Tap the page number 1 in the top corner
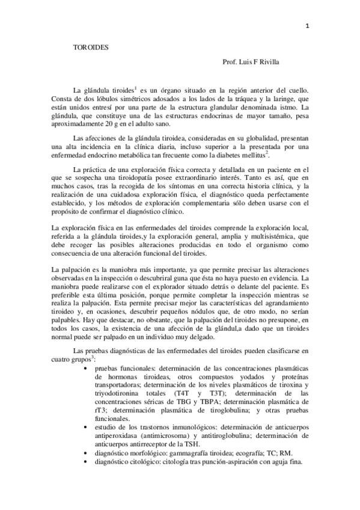tap(307, 26)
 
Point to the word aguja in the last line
tap(276, 461)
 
